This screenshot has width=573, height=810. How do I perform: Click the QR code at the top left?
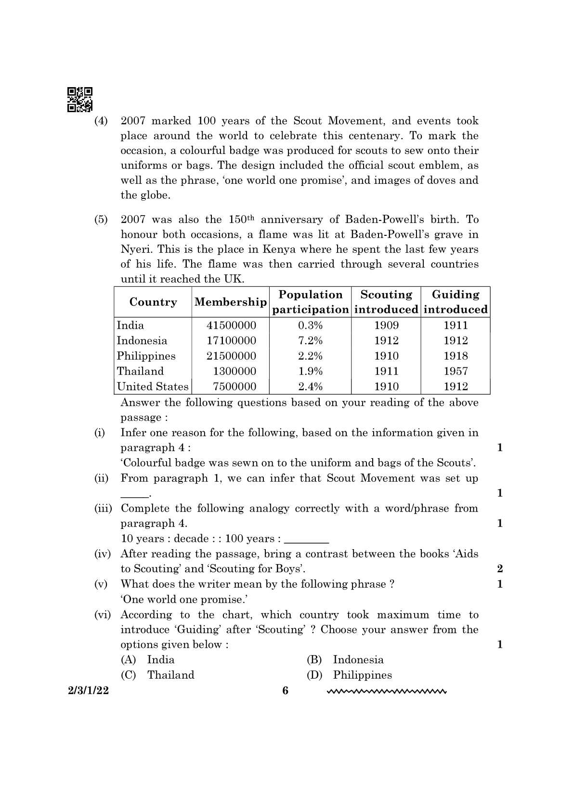click(80, 100)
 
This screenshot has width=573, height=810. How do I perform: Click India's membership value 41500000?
click(231, 325)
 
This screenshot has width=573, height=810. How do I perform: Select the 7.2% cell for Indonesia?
click(310, 341)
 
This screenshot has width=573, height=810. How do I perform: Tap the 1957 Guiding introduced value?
click(456, 371)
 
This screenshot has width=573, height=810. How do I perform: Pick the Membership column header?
click(230, 302)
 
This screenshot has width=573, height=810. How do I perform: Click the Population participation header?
click(311, 302)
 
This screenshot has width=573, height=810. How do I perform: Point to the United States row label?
click(153, 386)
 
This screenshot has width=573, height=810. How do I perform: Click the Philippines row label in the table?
click(146, 356)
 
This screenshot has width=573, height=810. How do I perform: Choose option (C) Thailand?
click(170, 675)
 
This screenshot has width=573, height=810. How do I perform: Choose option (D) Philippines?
click(362, 675)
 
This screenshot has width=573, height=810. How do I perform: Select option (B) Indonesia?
click(358, 660)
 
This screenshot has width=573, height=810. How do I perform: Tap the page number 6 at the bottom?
click(286, 691)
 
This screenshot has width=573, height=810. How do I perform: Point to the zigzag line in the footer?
click(387, 692)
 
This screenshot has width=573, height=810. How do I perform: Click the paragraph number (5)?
click(101, 220)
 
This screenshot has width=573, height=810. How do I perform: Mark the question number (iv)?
click(102, 554)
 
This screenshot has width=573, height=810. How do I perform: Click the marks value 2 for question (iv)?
click(499, 569)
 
